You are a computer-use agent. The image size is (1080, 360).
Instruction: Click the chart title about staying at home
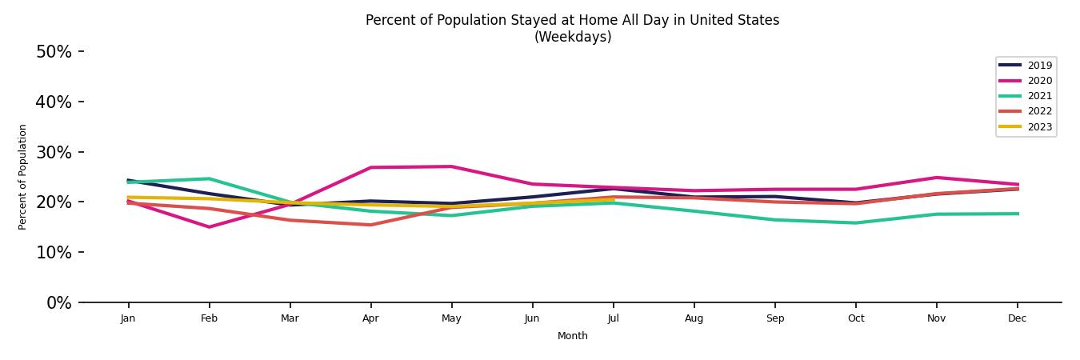click(572, 28)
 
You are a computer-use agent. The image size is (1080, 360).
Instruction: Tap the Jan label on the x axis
click(128, 318)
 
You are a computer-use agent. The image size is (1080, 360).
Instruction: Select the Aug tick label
click(694, 318)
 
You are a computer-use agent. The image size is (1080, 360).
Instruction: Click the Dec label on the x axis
click(1017, 318)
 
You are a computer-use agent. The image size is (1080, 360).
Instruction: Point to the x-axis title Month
click(572, 336)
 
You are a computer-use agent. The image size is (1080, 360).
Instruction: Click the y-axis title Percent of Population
click(23, 177)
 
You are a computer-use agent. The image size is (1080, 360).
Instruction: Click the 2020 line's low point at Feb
click(209, 227)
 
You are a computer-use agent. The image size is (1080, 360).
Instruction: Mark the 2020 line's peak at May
click(451, 166)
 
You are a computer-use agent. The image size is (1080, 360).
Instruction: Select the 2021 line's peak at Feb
click(209, 178)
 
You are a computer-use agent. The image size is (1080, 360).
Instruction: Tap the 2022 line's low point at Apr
click(370, 225)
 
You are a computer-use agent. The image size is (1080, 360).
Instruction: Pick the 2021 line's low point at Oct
click(855, 223)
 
